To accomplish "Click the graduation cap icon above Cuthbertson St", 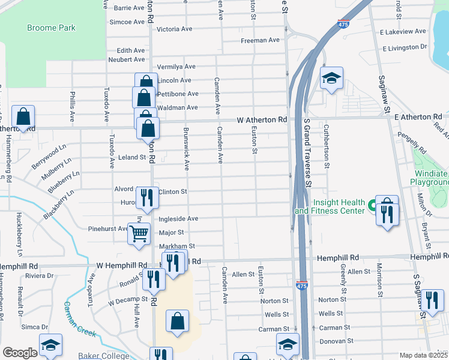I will click(x=331, y=79).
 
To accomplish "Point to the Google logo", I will click(x=20, y=353).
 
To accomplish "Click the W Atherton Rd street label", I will click(x=262, y=120).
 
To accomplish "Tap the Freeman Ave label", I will click(x=261, y=40).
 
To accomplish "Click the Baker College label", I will click(x=104, y=356).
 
